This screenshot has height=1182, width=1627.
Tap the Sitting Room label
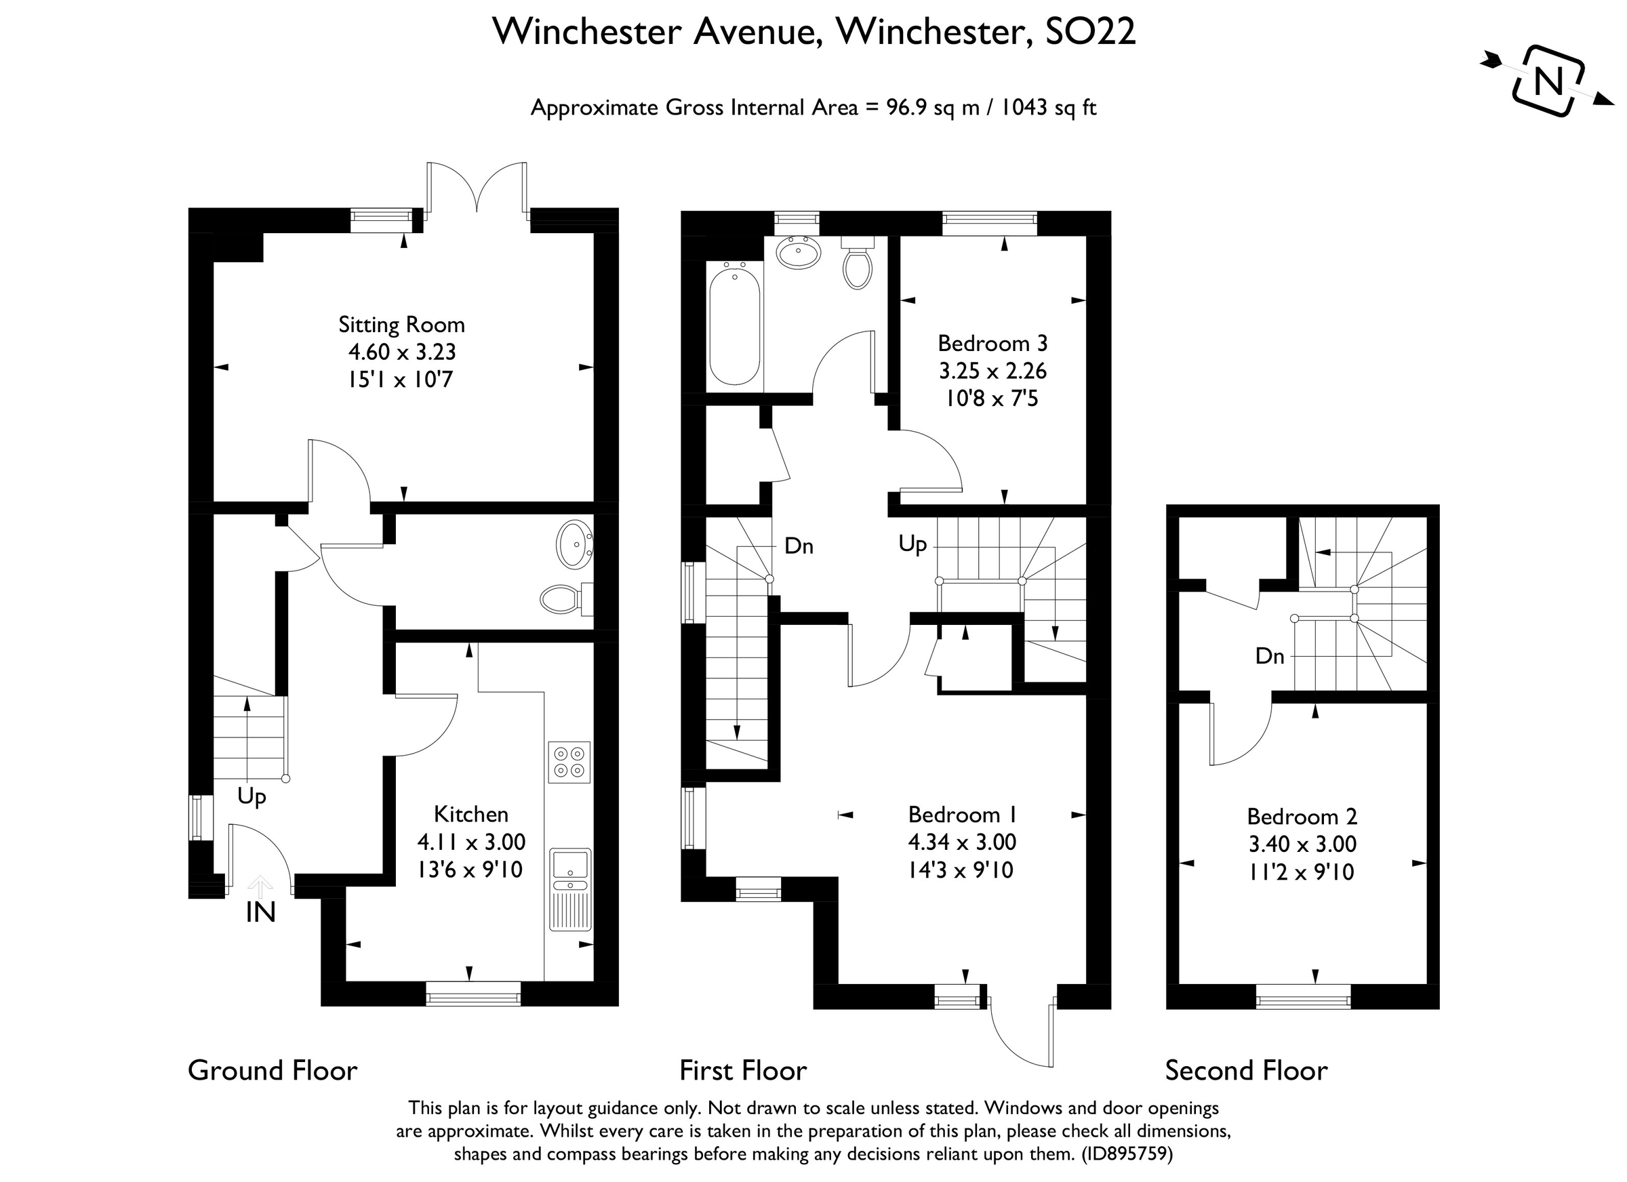[x=401, y=325]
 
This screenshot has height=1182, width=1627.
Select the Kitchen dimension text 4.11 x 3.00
[x=470, y=841]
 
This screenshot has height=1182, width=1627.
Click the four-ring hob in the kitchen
[x=569, y=762]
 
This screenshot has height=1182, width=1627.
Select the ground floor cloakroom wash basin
[x=574, y=544]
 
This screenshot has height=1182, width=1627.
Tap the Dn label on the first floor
[x=799, y=546]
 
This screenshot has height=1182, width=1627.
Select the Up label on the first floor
[x=912, y=544]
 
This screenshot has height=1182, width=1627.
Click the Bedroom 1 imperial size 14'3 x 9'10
[x=961, y=870]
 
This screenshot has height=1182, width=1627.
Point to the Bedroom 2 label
[x=1302, y=816]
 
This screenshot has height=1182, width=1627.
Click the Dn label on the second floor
[x=1269, y=655]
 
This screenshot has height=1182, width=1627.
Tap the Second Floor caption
[x=1245, y=1071]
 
